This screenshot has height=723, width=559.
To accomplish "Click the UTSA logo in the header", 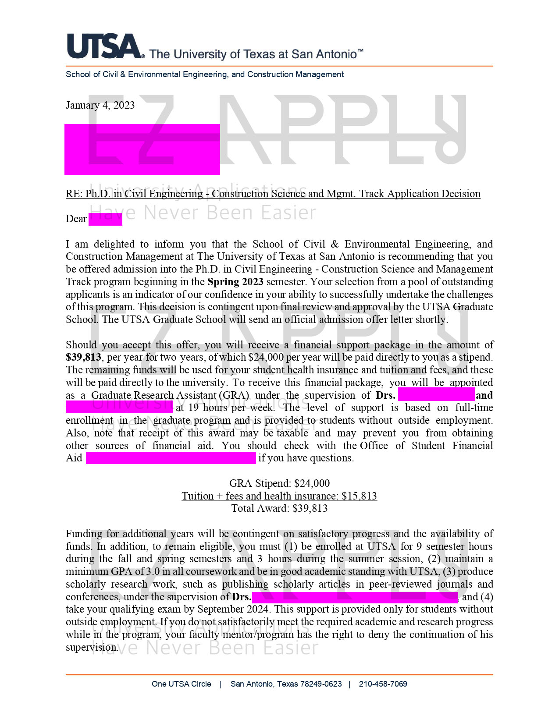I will tap(105, 46).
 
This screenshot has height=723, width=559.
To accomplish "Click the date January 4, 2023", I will tap(100, 105).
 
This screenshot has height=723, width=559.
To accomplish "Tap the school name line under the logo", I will tap(204, 74).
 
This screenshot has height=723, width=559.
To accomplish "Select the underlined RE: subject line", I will tap(273, 194).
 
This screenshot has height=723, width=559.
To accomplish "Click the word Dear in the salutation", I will tap(76, 219).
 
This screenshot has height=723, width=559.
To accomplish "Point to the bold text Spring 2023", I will tap(235, 282).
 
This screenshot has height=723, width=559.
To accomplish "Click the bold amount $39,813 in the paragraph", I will tap(83, 358).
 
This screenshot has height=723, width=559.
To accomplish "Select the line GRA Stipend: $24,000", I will tap(279, 483).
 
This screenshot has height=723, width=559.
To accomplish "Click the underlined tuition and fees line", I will tap(279, 496).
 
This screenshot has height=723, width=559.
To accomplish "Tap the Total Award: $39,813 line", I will tap(279, 508).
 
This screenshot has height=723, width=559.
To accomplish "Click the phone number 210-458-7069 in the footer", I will tap(383, 684).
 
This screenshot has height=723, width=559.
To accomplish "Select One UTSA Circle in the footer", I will tap(181, 684).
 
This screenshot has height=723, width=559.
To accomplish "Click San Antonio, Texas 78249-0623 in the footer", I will tap(286, 684).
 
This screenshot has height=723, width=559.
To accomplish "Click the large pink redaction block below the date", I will tap(142, 149).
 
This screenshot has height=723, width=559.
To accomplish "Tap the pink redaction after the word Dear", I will tap(105, 219).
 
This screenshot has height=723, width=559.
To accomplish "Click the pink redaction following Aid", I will tap(171, 458).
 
